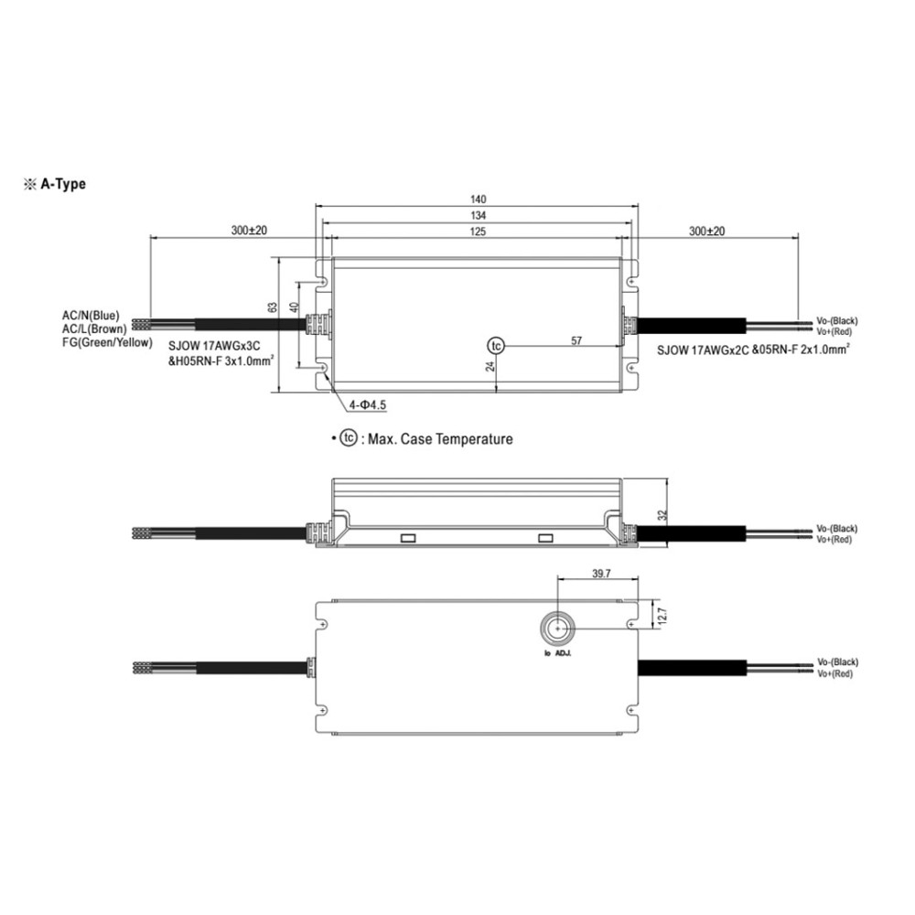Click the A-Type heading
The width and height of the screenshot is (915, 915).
point(61,184)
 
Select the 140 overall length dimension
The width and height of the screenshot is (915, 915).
point(478,199)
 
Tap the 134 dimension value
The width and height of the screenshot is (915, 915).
point(478,215)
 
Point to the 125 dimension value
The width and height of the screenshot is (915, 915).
point(478,232)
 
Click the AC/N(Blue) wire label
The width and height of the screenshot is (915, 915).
point(91,316)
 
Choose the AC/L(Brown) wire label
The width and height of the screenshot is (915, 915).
point(94,328)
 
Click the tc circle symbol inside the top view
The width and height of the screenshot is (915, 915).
point(495,346)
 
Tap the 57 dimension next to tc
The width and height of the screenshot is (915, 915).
point(576,340)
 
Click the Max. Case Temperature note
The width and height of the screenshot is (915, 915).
point(436,439)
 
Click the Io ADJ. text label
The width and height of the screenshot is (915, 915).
point(556,654)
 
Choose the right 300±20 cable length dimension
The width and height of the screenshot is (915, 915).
point(705,232)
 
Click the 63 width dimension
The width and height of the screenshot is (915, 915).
point(273,309)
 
